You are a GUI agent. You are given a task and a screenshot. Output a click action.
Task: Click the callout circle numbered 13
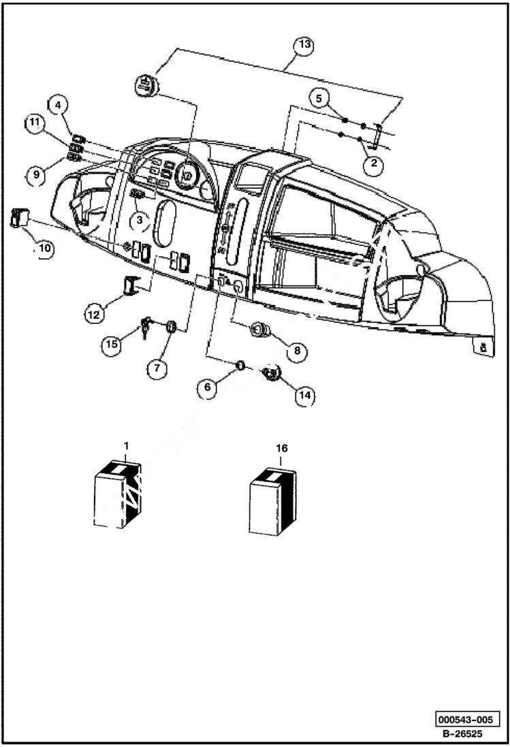coord(304,45)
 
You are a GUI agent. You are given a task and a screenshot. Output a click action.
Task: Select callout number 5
coord(319,97)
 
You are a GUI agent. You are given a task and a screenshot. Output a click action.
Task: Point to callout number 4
coord(59,105)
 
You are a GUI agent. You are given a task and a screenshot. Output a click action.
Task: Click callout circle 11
coord(35,123)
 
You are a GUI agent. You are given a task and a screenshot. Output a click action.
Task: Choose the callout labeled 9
coord(36,175)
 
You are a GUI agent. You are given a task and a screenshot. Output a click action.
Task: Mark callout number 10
coord(45,248)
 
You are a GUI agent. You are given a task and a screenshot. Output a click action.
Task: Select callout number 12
coord(95,314)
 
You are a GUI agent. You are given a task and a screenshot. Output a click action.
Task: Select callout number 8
coord(296,351)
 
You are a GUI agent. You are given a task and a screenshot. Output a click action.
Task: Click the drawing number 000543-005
coord(468,720)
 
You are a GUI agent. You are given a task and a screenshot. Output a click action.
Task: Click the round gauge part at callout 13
coord(146,86)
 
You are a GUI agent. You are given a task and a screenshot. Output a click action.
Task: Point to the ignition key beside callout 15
coord(146,328)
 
